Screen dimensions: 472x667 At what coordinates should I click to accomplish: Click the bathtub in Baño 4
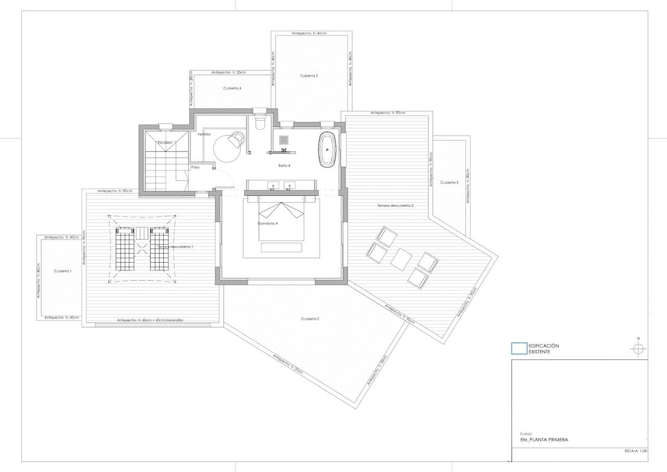click(327, 149)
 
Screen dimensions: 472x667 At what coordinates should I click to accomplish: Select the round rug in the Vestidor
click(228, 148)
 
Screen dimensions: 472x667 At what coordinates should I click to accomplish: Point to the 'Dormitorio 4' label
click(268, 223)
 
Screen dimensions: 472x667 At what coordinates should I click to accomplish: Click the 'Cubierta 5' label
click(308, 76)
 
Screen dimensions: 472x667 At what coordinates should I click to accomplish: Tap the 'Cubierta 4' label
click(232, 88)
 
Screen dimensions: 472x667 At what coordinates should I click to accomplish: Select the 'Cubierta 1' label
click(63, 271)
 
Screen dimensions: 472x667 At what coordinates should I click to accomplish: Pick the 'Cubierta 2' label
click(310, 318)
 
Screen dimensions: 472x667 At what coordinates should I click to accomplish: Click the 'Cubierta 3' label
click(449, 182)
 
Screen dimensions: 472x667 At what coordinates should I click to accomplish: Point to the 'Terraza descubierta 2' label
click(395, 206)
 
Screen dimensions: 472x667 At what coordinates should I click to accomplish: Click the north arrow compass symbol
click(638, 349)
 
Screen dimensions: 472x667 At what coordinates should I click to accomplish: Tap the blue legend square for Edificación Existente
click(519, 348)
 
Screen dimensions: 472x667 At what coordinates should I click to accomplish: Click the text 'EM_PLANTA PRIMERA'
click(544, 440)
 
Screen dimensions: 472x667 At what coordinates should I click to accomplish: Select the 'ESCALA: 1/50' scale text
click(635, 451)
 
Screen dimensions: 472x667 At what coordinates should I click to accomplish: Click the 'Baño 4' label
click(284, 165)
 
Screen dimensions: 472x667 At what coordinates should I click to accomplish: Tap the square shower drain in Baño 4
click(285, 140)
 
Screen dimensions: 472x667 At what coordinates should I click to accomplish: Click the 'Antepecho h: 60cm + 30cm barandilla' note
click(150, 320)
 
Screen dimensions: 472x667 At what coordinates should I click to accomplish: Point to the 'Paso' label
click(195, 167)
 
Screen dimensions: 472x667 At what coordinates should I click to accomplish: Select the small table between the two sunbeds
click(142, 233)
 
